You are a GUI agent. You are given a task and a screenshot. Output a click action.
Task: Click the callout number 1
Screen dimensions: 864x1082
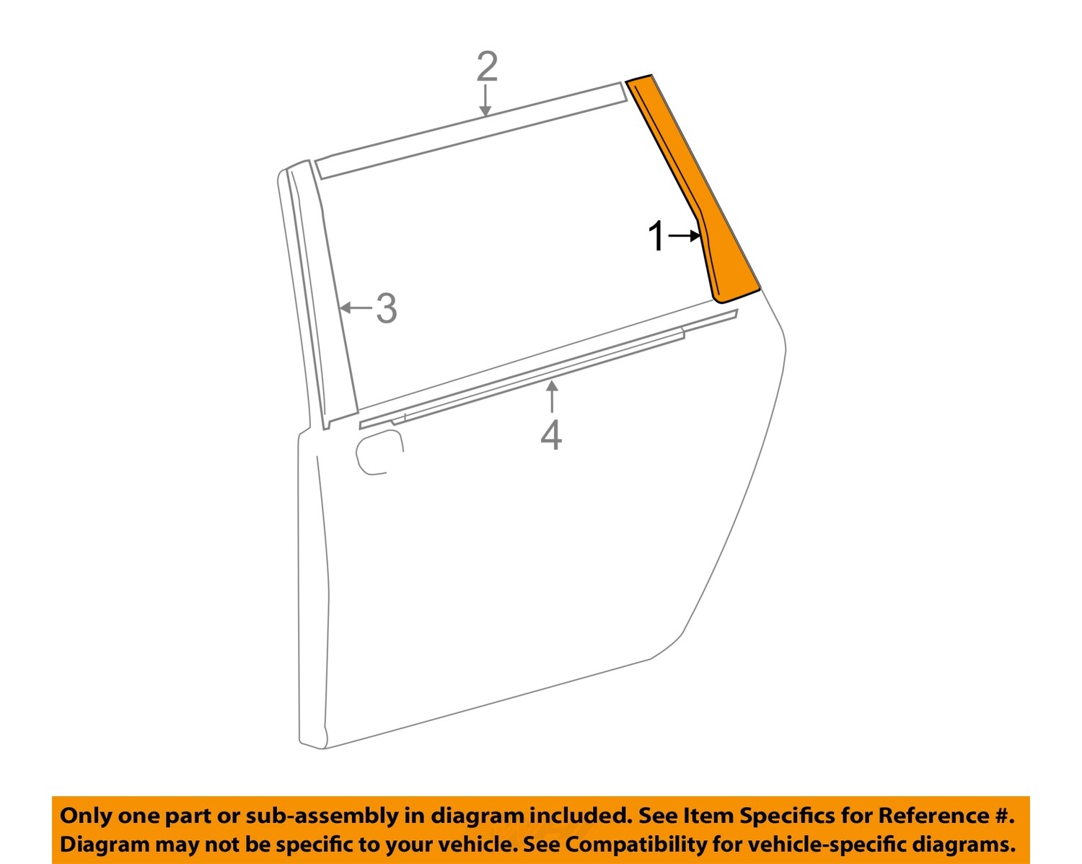click(656, 237)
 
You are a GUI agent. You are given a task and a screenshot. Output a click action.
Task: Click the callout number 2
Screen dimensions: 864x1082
click(487, 67)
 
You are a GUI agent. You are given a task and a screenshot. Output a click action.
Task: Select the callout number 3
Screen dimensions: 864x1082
click(387, 308)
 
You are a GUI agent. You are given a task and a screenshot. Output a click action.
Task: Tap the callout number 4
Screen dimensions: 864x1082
click(551, 435)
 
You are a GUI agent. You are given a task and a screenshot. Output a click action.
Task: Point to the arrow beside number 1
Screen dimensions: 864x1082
click(684, 236)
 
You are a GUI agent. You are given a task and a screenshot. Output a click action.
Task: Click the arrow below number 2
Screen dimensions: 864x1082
click(485, 100)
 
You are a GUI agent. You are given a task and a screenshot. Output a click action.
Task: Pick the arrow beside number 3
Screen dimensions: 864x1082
click(356, 308)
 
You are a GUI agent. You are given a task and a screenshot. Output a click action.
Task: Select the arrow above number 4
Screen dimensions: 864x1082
click(552, 396)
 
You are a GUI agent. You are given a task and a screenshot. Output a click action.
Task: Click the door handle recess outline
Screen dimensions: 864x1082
click(378, 453)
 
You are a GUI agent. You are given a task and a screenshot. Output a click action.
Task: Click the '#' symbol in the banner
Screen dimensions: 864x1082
click(1001, 816)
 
